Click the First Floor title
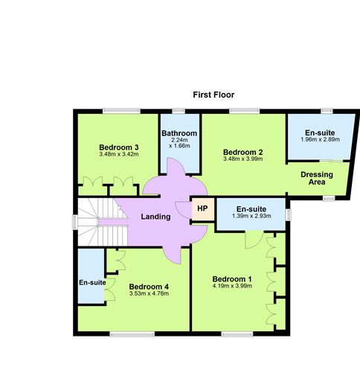[214, 95]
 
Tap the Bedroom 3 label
[119, 147]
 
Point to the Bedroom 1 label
[233, 279]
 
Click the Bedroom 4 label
[149, 286]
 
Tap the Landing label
[155, 217]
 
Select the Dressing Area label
[317, 178]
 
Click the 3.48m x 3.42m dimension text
[119, 155]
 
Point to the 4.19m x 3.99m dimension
[233, 287]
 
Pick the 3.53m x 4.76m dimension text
[149, 293]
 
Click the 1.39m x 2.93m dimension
[251, 216]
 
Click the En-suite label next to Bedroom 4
[92, 282]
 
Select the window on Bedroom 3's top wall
[122, 111]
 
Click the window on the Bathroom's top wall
[179, 111]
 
